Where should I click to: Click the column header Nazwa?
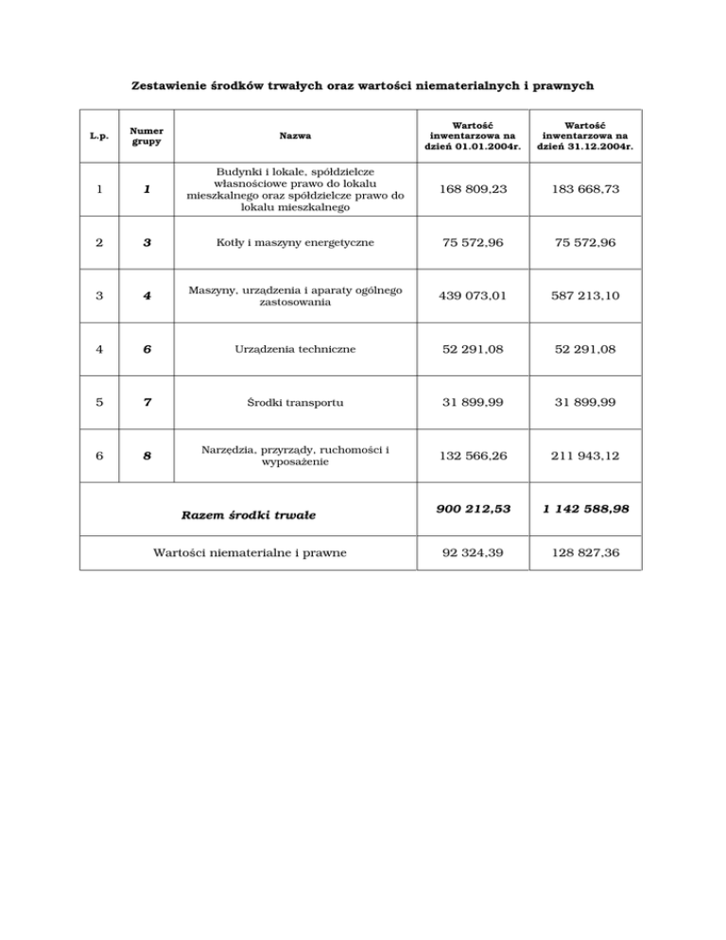click(x=291, y=136)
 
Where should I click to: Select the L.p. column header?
click(x=98, y=136)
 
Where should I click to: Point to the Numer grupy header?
click(x=147, y=136)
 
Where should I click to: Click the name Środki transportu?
click(x=291, y=402)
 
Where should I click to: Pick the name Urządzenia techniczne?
click(x=291, y=349)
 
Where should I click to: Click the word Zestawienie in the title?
click(x=166, y=85)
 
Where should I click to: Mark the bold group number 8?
click(x=147, y=456)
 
